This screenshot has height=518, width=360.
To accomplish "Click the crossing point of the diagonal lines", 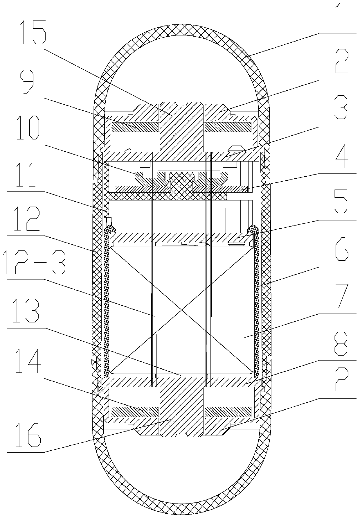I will point(181,310).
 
